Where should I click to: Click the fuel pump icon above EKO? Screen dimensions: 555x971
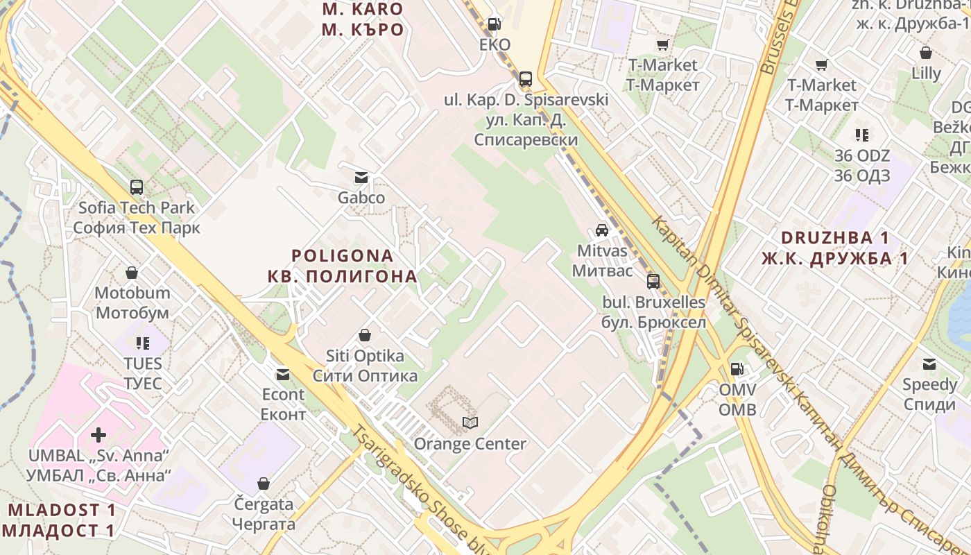[x=494, y=24]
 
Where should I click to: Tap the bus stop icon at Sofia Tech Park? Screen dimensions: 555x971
[x=137, y=187]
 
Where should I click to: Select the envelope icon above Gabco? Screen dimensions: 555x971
[x=361, y=177]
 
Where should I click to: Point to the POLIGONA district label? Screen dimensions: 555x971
[x=343, y=266]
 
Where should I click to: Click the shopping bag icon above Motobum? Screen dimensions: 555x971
[x=132, y=273]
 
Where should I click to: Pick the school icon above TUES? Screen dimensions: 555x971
[x=143, y=343]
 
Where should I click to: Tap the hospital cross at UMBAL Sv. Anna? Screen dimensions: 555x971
[x=98, y=435]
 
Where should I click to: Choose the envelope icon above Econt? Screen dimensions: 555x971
[x=283, y=375]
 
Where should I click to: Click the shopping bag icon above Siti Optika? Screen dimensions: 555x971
[x=365, y=336]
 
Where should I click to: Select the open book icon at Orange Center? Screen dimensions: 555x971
[x=470, y=422]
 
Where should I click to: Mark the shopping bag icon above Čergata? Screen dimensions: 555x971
[x=264, y=483]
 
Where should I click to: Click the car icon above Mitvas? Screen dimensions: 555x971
[x=602, y=230]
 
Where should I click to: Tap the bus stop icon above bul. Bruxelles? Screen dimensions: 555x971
[x=653, y=282]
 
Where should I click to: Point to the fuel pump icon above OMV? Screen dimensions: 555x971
[x=737, y=369]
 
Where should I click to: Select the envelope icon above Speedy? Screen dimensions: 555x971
[x=929, y=364]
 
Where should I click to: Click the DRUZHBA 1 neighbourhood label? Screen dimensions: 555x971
[x=834, y=248]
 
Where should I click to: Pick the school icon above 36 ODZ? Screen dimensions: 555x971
[x=862, y=135]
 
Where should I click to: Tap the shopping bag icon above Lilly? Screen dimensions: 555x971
[x=926, y=53]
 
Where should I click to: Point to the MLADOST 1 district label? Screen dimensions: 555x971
[x=61, y=520]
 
